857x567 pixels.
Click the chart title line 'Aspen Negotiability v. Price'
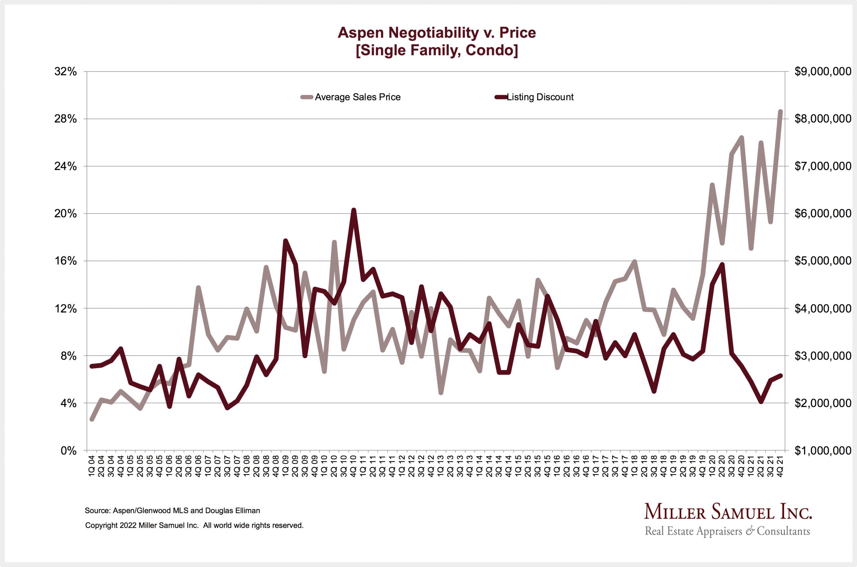pos(437,32)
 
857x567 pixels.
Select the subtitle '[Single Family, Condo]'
pos(437,50)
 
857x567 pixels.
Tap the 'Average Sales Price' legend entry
pos(357,97)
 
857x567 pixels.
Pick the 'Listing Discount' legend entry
pos(540,97)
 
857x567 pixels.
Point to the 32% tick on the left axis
pos(66,72)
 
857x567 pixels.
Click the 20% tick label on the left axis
pos(66,214)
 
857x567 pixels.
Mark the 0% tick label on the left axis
pos(69,451)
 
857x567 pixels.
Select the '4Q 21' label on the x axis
pos(780,467)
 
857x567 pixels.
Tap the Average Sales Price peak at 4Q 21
pos(780,112)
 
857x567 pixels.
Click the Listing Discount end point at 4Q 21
pos(780,376)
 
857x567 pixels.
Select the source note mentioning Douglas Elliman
pos(172,510)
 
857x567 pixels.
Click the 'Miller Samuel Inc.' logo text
pos(728,512)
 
